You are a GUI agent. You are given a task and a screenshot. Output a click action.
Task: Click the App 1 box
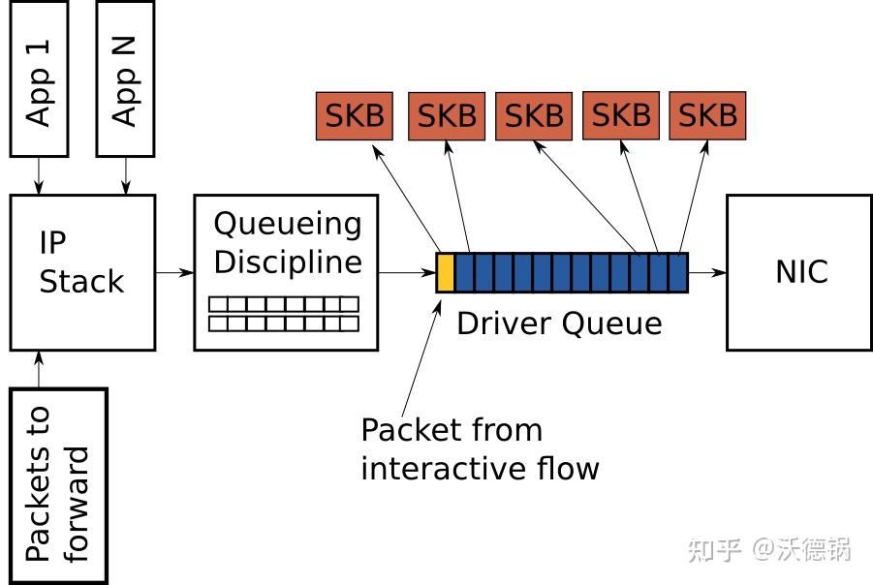click(x=39, y=77)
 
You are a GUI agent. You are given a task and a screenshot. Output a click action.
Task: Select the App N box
click(x=125, y=77)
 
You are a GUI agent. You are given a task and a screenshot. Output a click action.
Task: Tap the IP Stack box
click(x=82, y=272)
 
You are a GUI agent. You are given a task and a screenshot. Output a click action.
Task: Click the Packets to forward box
click(x=57, y=485)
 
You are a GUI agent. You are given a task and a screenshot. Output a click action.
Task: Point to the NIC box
click(x=800, y=272)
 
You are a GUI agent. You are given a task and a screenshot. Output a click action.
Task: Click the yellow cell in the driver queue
click(x=446, y=272)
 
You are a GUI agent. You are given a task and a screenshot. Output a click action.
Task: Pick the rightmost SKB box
click(x=707, y=115)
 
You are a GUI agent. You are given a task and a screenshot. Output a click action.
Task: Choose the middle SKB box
click(x=534, y=116)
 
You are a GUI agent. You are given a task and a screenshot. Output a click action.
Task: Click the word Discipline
click(x=288, y=262)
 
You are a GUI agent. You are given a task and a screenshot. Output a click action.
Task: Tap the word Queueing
click(x=288, y=225)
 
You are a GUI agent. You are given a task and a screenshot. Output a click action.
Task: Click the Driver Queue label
click(x=559, y=323)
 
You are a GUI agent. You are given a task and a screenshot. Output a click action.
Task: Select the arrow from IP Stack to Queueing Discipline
click(x=174, y=272)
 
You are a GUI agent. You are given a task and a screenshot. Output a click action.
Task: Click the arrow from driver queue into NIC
click(x=707, y=272)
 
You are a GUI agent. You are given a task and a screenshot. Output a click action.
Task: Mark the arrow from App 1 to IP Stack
click(x=39, y=175)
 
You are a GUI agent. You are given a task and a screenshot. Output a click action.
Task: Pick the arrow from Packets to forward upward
click(x=39, y=369)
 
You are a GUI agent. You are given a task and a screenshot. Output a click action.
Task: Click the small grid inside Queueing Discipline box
click(x=284, y=314)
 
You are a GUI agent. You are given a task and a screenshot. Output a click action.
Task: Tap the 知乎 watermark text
click(x=715, y=550)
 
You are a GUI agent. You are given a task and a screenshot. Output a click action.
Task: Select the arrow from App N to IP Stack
click(x=125, y=175)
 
